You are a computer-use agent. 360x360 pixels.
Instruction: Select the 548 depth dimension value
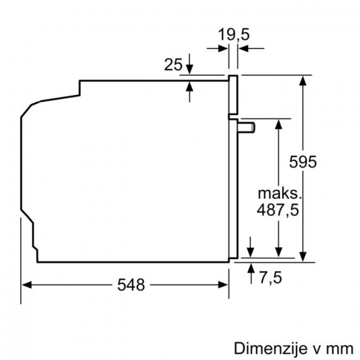[132, 285]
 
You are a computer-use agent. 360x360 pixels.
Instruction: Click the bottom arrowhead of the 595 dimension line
[304, 257]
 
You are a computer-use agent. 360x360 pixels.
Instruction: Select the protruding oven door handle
[245, 126]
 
